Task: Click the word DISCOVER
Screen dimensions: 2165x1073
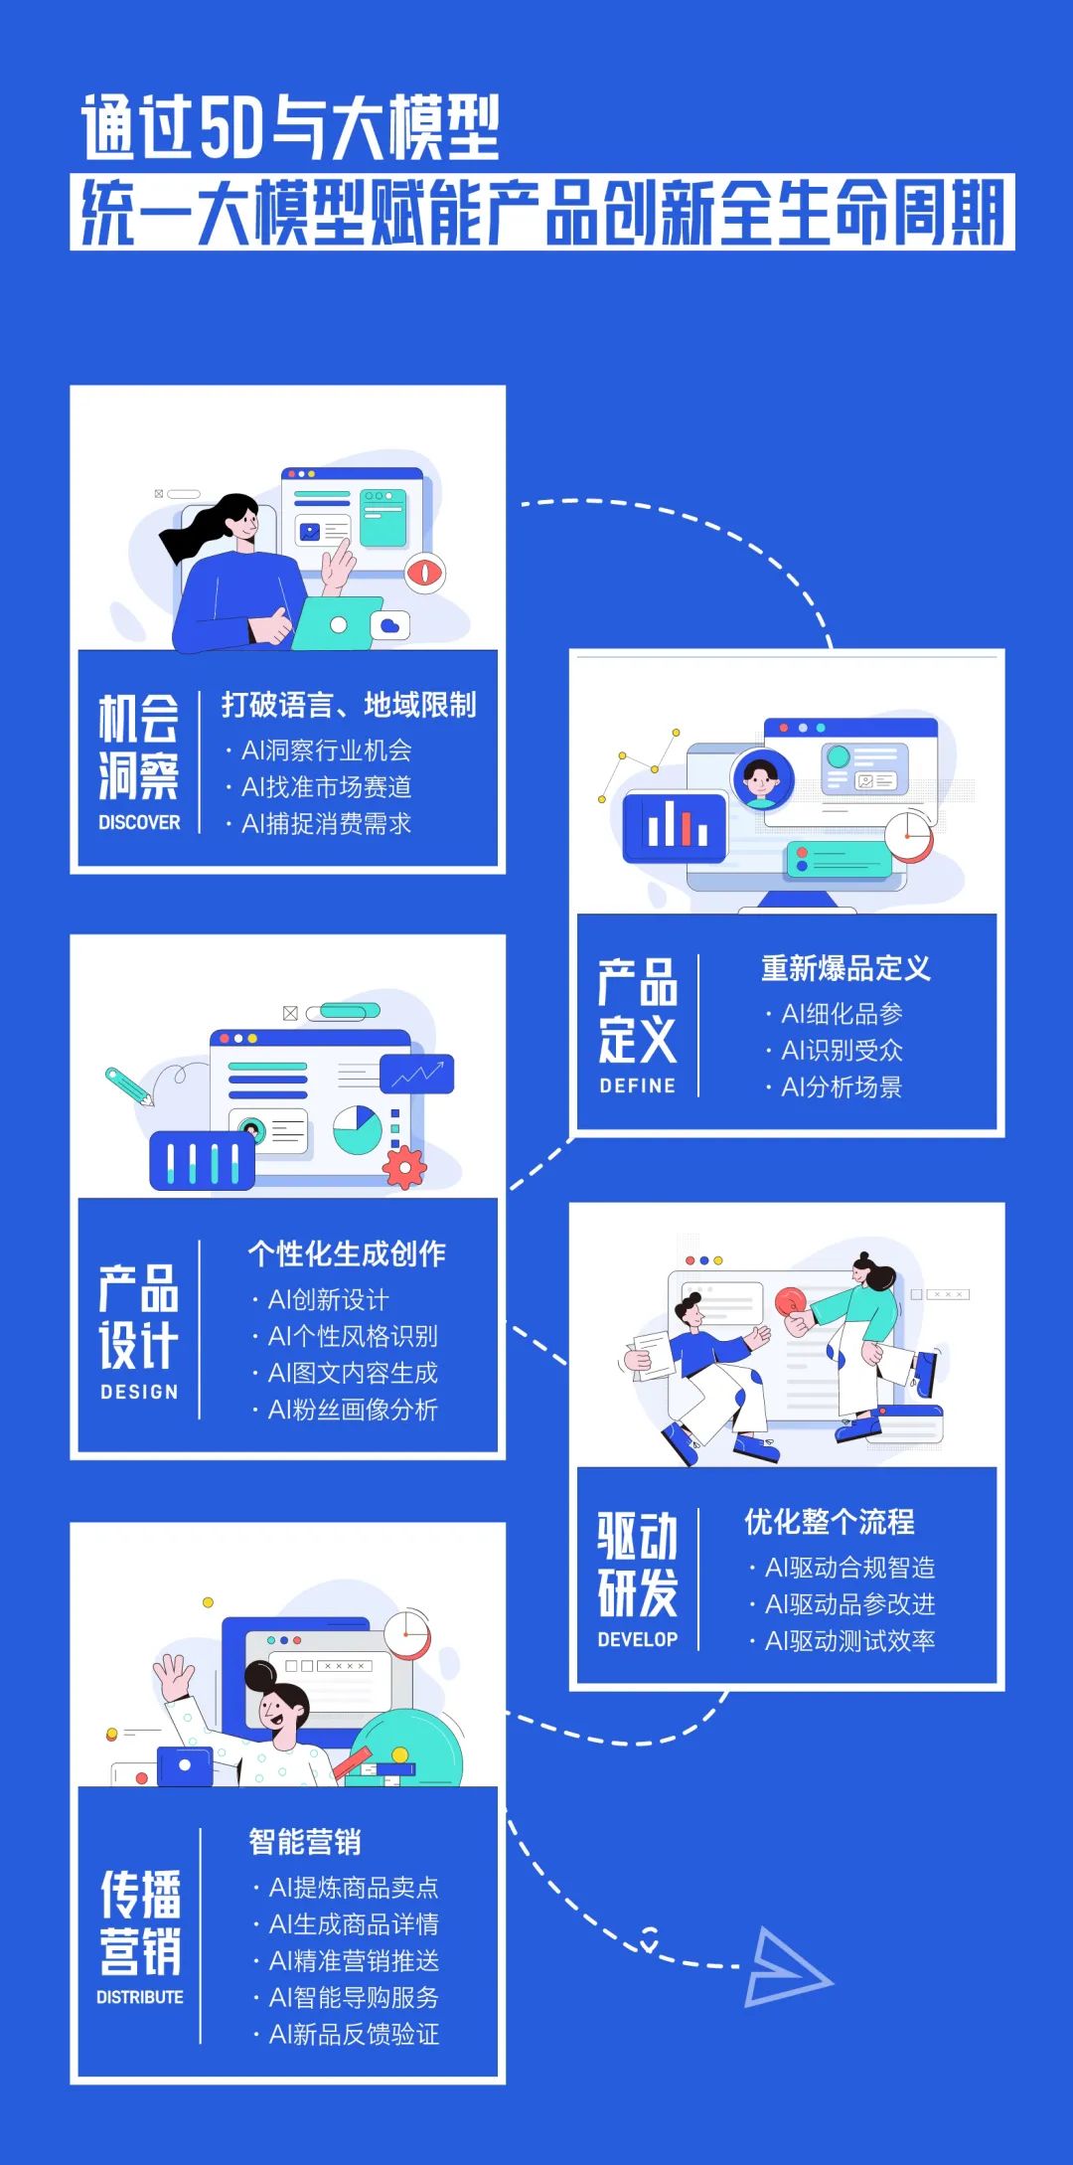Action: [139, 822]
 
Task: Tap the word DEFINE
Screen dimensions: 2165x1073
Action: [637, 1085]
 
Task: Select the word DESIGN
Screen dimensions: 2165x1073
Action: [139, 1392]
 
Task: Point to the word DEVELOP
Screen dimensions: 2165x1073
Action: [637, 1639]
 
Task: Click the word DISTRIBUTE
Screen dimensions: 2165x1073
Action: [139, 1997]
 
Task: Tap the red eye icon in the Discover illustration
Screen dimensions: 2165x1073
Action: [425, 573]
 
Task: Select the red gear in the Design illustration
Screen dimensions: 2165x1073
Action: [404, 1167]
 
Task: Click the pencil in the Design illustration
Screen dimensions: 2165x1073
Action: [129, 1086]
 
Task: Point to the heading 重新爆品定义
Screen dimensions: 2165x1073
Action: [845, 968]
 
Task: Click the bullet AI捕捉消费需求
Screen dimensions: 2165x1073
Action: [326, 824]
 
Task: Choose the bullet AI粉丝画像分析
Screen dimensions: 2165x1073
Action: [353, 1410]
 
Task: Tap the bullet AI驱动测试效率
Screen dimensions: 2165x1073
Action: [849, 1641]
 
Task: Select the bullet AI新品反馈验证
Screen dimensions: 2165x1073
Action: [354, 2034]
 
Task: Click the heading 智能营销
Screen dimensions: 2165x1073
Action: [305, 1842]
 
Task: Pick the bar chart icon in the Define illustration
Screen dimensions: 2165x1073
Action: [677, 826]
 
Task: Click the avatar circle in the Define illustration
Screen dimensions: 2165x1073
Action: [762, 778]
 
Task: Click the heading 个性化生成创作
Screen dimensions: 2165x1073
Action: [347, 1253]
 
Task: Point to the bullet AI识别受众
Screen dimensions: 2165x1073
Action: [842, 1051]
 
